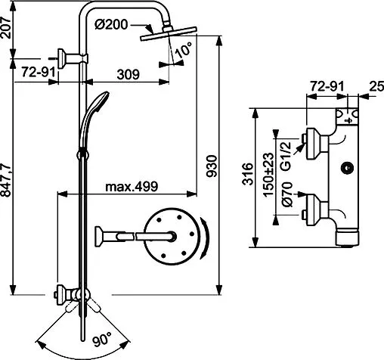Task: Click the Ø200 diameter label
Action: (x=111, y=25)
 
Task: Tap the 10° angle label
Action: (x=184, y=48)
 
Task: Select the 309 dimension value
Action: (x=128, y=75)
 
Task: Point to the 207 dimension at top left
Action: (x=6, y=28)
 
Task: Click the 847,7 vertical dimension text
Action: (x=6, y=180)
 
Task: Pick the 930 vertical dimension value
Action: (x=211, y=166)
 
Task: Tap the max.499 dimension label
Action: (x=132, y=187)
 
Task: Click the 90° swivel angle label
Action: (x=101, y=340)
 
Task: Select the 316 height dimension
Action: (x=248, y=174)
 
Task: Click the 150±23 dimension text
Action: (x=268, y=175)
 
